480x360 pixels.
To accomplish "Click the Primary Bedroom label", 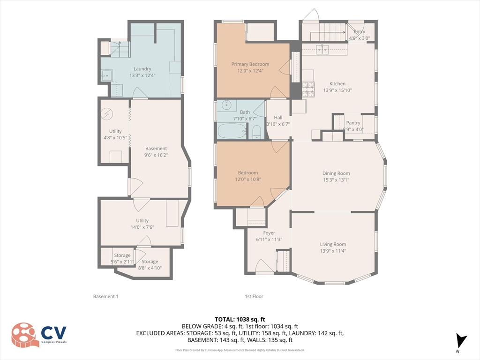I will (x=250, y=64).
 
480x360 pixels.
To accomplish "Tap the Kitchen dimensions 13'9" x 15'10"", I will (x=337, y=90).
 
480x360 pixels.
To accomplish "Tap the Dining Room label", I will (x=336, y=173).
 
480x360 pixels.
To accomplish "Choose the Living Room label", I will (x=333, y=244).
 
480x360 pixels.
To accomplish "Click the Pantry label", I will (x=353, y=123).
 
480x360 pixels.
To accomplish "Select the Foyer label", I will (x=269, y=233).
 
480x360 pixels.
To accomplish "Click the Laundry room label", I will (x=142, y=69).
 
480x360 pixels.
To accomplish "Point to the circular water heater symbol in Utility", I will (x=107, y=113).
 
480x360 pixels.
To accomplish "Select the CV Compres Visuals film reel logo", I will (x=25, y=335).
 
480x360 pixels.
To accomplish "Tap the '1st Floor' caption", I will (x=254, y=296).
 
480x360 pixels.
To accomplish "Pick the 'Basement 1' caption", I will (x=105, y=296).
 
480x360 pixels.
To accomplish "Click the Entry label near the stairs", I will (x=360, y=32).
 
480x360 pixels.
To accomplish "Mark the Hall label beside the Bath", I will (x=278, y=118).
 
